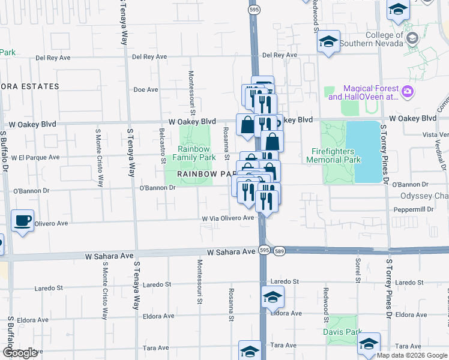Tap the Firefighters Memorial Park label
point(334,155)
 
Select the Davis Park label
point(343,331)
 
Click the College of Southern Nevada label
point(376,39)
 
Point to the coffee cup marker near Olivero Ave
point(22,221)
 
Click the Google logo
point(20,353)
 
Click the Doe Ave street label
point(145,89)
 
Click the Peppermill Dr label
point(413,209)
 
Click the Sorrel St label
point(357,271)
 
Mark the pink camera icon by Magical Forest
point(408,92)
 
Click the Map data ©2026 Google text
point(412,355)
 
